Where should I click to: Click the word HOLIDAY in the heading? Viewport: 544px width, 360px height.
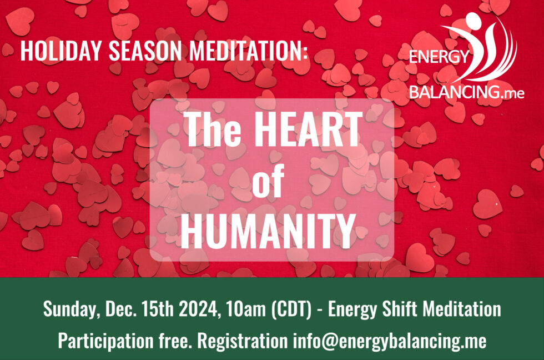(61, 51)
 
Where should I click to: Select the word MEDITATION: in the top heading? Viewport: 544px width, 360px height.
(249, 51)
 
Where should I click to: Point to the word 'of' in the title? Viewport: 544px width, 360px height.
(268, 181)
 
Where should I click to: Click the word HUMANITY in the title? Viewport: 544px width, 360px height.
(268, 231)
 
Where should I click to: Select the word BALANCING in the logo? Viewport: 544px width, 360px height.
(455, 92)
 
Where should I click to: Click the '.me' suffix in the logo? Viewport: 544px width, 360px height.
(513, 93)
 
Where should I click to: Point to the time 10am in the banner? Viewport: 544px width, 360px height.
(245, 309)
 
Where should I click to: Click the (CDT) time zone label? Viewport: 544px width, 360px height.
(291, 309)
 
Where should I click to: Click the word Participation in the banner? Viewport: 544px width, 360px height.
(105, 341)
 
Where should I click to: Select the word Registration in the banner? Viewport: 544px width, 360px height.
(242, 341)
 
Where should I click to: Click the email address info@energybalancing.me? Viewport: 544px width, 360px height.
(389, 341)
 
